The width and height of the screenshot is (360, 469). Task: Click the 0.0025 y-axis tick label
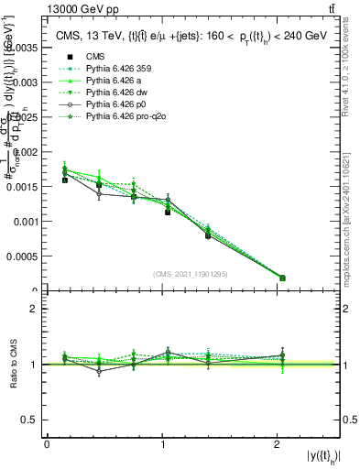coord(24,116)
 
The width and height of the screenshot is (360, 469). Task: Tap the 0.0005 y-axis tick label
coord(24,256)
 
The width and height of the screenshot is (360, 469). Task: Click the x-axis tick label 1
coord(163,444)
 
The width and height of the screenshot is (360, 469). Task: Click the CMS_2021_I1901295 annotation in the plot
coord(190,274)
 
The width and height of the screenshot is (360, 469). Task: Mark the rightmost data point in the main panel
coord(282,278)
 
